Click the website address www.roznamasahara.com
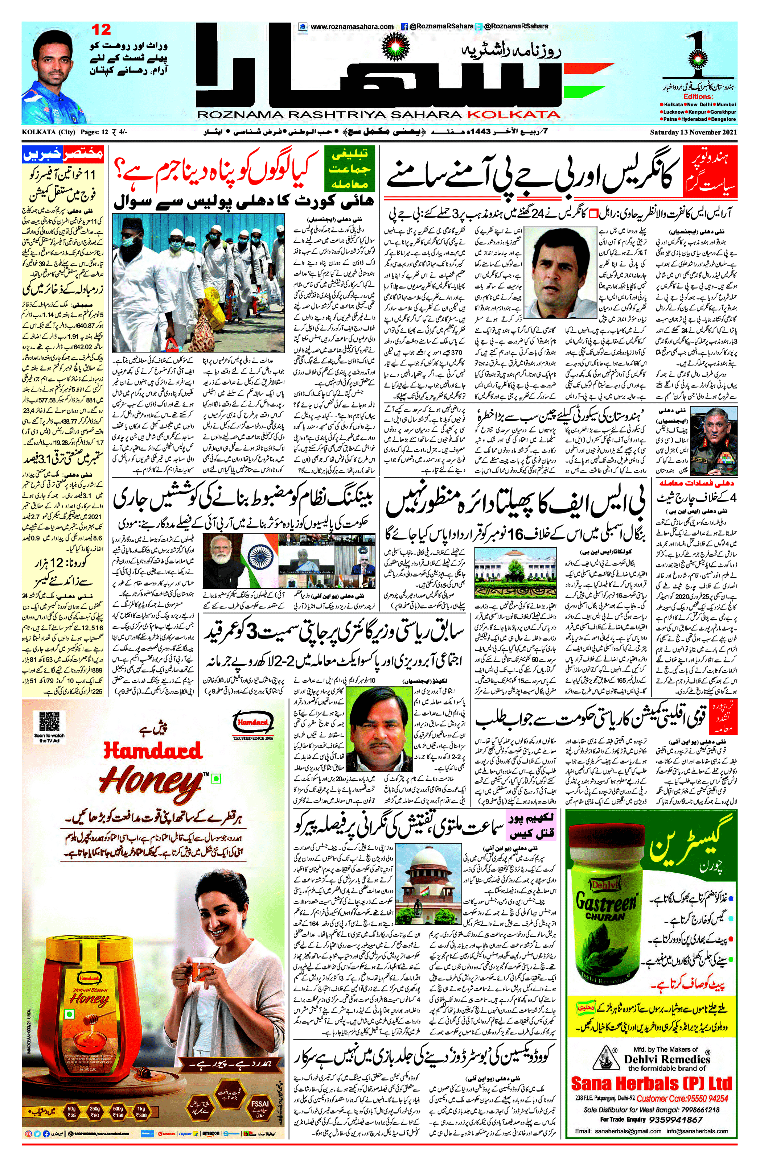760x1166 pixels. pyautogui.click(x=352, y=26)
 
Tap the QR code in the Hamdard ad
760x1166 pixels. pyautogui.click(x=49, y=721)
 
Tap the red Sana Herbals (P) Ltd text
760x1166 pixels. pyautogui.click(x=651, y=1082)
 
